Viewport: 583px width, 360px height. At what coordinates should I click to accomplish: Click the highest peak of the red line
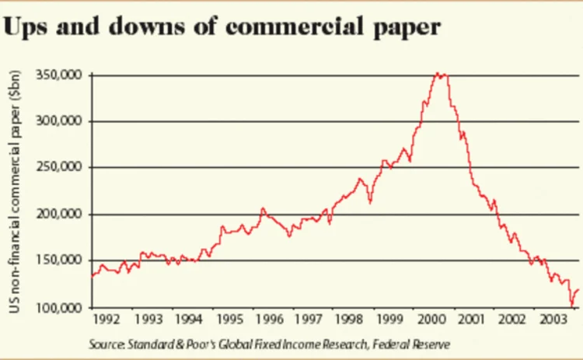click(438, 73)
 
